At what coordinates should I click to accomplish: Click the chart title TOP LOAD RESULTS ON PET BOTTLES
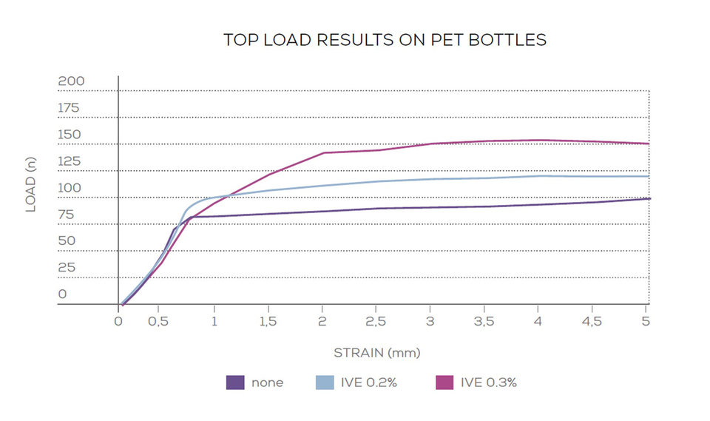point(385,40)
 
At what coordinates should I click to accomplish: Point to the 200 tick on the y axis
point(72,81)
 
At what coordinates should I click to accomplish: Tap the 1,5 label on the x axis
point(268,322)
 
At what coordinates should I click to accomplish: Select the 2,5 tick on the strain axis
point(376,322)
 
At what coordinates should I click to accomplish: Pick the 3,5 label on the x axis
point(484,322)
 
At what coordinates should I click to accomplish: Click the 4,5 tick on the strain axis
point(592,322)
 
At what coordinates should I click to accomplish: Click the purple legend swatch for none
point(235,383)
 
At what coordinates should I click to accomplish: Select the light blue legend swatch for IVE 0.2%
point(326,383)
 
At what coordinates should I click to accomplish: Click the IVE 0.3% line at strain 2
point(323,153)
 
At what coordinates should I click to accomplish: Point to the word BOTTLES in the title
point(510,40)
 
